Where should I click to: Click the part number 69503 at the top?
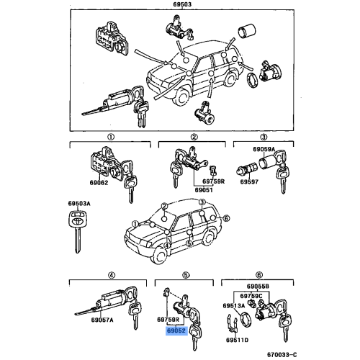[x=183, y=5]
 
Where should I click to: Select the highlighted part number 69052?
[x=177, y=332]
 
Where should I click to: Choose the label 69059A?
[x=262, y=149]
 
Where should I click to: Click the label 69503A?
[x=80, y=204]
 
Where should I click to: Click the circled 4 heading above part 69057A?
[x=110, y=274]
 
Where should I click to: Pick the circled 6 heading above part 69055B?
[x=257, y=274]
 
